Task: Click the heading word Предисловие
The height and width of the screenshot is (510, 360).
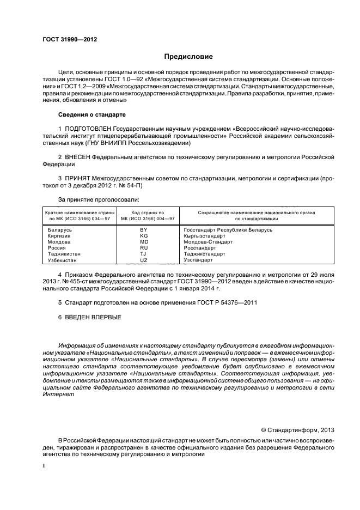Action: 189,57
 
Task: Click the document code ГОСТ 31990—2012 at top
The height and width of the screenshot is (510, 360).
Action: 70,39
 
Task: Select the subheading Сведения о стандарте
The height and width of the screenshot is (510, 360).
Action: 92,115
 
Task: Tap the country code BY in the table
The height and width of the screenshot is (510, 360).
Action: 144,230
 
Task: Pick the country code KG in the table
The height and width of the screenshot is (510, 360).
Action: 144,236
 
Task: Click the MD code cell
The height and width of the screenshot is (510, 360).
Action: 144,242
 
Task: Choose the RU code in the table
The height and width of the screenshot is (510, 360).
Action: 144,248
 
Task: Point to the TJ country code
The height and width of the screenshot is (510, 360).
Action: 144,254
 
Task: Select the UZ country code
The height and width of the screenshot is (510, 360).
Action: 144,260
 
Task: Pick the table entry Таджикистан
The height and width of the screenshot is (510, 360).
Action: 64,254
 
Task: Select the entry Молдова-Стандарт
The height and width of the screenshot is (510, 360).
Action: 209,242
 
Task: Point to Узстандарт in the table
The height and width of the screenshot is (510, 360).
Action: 199,260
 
